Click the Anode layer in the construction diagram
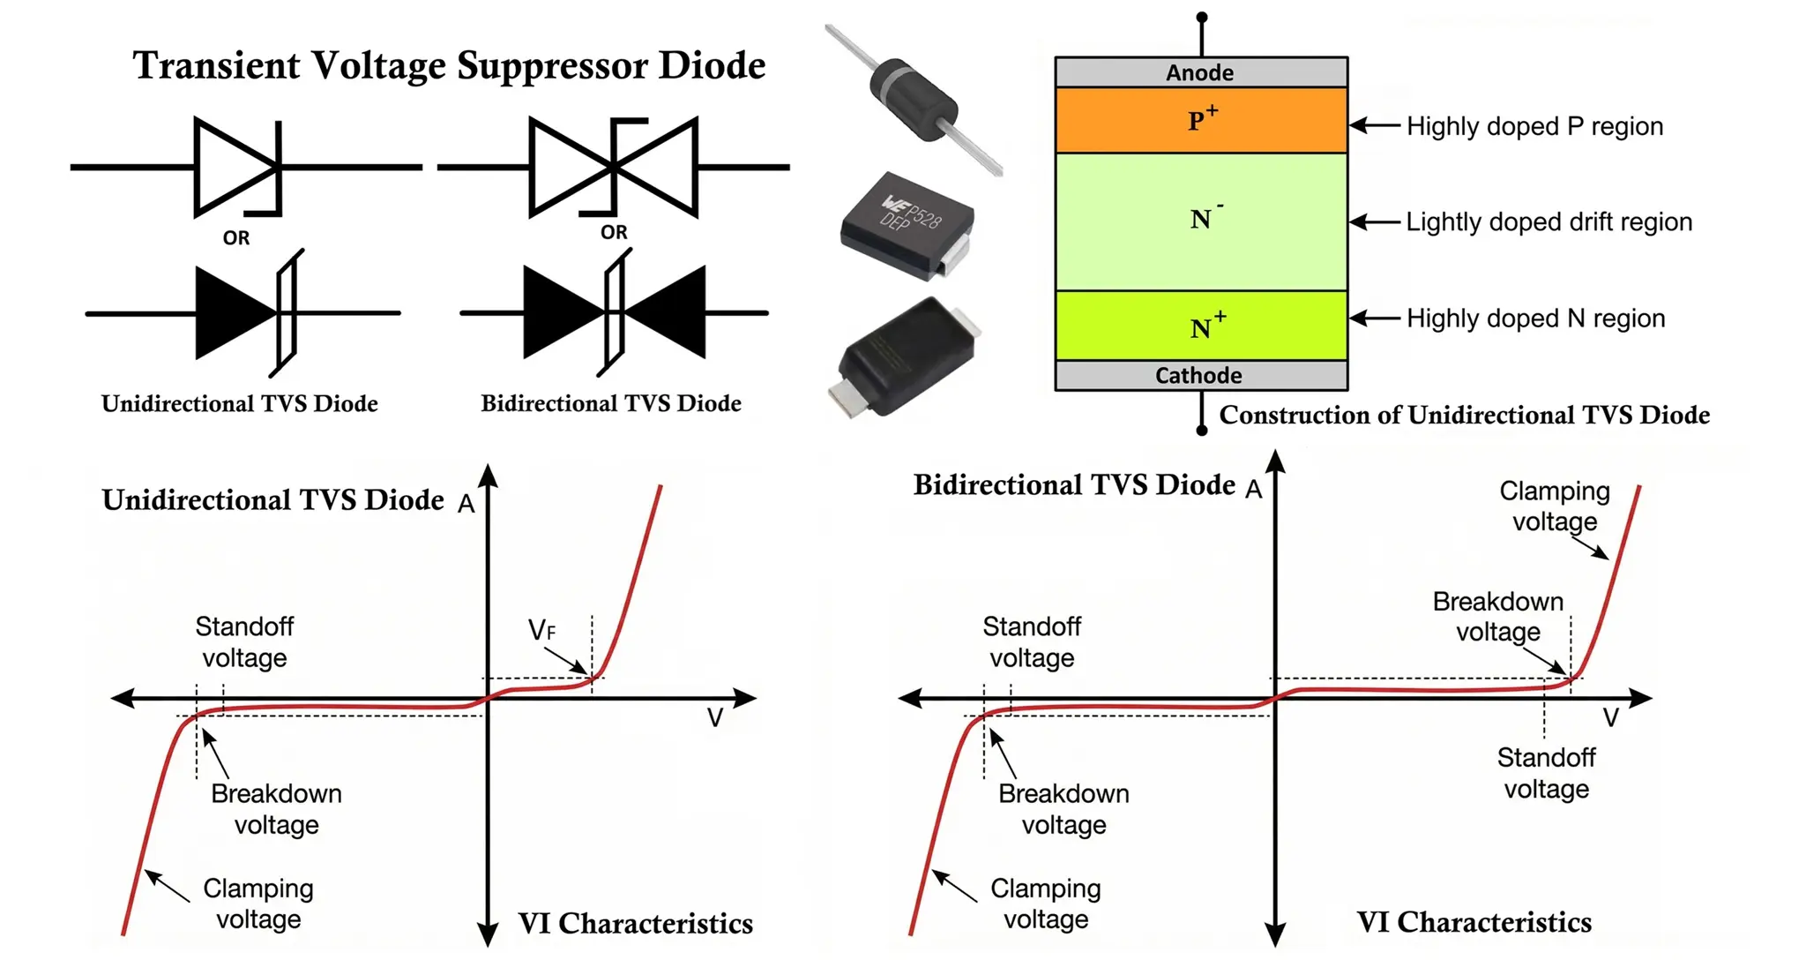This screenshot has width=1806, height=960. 1200,72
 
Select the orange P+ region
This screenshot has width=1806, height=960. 1200,120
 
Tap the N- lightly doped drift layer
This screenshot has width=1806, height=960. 1200,221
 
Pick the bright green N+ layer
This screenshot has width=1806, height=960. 1200,326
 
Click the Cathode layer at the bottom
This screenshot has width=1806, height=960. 1200,376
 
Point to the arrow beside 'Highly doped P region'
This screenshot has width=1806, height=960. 1375,126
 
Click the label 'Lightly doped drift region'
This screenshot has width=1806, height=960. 1549,221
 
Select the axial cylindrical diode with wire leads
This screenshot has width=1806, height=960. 913,99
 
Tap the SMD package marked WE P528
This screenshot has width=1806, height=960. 908,225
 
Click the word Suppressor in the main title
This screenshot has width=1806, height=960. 553,66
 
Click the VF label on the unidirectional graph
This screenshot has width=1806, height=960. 541,631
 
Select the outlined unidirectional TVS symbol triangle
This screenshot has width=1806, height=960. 231,167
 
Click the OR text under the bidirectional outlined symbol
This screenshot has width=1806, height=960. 614,232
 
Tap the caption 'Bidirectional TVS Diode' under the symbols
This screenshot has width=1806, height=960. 610,404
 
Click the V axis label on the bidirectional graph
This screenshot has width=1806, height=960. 1610,718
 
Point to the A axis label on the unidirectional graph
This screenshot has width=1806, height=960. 466,504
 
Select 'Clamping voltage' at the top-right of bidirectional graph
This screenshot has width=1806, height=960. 1554,506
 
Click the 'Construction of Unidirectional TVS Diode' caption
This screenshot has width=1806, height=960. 1464,416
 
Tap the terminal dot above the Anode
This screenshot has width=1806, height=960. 1201,18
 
